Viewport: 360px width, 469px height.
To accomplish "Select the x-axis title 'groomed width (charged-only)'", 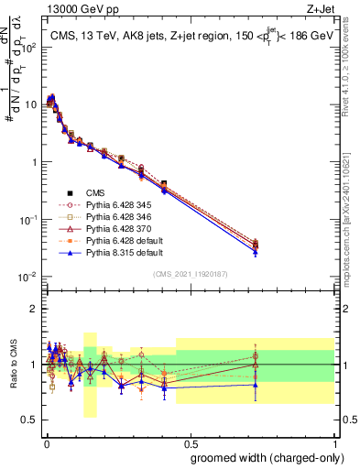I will [x=262, y=457].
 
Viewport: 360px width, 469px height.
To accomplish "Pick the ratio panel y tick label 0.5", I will [x=28, y=421].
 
